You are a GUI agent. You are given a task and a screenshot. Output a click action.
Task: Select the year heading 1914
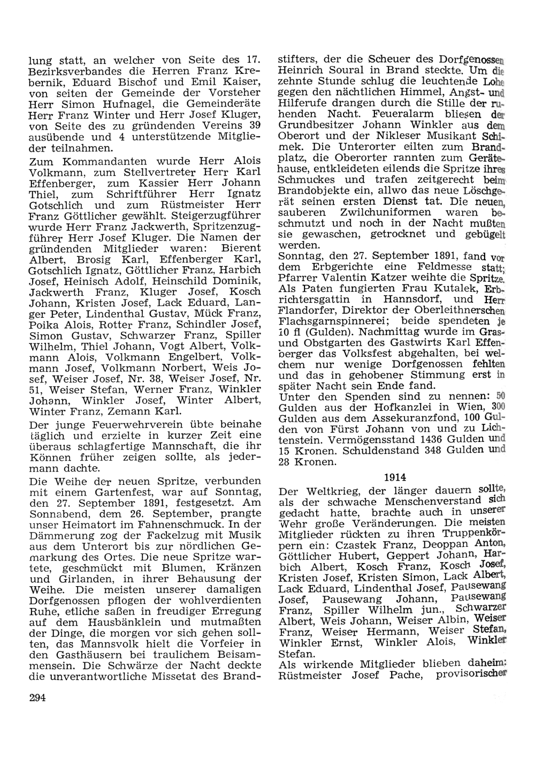pos(395,477)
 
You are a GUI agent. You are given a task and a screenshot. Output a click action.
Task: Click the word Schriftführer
pos(141,194)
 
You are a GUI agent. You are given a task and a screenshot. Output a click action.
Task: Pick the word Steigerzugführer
pos(217,215)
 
